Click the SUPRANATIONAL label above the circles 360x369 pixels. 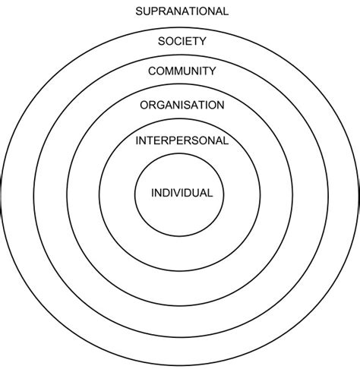coord(181,11)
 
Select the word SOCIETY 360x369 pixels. coord(181,41)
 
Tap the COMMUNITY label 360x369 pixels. coord(182,71)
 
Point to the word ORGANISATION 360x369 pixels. coord(182,104)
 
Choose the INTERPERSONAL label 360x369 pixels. coord(182,141)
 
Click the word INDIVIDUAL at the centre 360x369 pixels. coord(182,193)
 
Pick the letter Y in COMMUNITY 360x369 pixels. coord(213,71)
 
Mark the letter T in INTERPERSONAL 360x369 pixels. coord(150,141)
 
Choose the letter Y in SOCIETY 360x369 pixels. coord(201,41)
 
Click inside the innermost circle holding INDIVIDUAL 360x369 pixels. coord(182,209)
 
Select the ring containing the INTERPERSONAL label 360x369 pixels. coord(182,243)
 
